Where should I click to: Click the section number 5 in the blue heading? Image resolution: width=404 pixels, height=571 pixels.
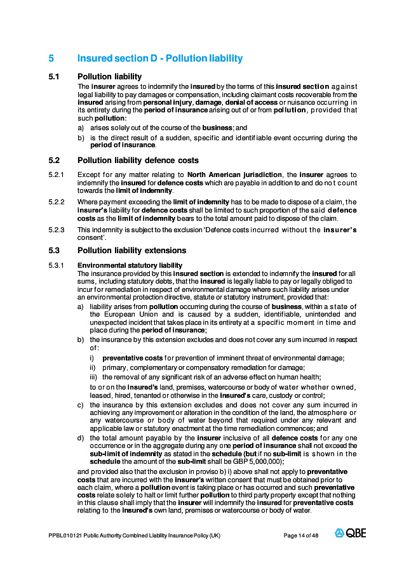click(x=51, y=58)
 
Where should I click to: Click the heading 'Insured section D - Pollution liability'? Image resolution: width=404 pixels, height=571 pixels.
click(x=159, y=58)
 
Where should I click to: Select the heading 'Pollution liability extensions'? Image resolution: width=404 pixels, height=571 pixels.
click(x=131, y=251)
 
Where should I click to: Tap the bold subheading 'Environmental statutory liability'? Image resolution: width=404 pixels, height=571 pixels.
click(x=130, y=265)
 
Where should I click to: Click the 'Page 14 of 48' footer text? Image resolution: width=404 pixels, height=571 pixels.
click(x=300, y=535)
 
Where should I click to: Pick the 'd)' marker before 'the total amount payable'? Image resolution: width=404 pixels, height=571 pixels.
click(x=81, y=438)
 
